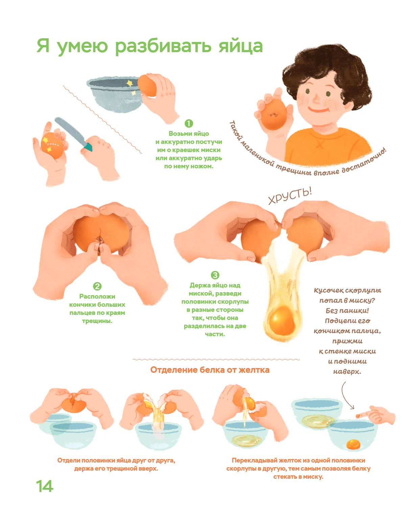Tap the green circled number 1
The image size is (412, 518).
point(188,124)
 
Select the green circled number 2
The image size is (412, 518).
point(97,286)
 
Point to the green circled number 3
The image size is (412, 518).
point(215,275)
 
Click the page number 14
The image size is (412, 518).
point(45,487)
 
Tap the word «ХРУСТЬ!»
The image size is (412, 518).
point(290,196)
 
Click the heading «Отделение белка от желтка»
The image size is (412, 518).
point(210,369)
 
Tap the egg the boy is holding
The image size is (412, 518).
point(274,114)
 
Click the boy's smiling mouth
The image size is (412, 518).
point(319,110)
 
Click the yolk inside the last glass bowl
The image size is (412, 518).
point(353,444)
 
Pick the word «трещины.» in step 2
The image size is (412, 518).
point(97,321)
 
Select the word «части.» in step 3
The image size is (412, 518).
point(215,334)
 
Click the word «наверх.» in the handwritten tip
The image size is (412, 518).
point(347,372)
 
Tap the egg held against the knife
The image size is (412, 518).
point(52,145)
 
